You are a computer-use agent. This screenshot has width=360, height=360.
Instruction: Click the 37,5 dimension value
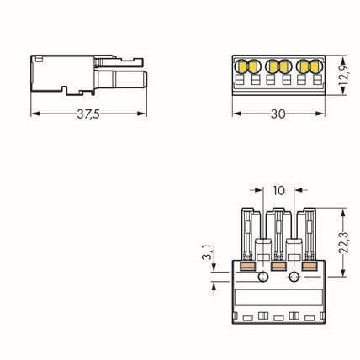pyautogui.click(x=88, y=114)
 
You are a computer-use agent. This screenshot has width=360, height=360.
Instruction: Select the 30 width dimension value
pyautogui.click(x=278, y=114)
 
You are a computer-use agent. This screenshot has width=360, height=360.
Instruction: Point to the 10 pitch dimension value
pyautogui.click(x=279, y=191)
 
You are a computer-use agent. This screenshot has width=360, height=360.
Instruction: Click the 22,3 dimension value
pyautogui.click(x=343, y=243)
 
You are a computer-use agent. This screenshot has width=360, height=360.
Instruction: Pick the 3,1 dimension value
pyautogui.click(x=207, y=253)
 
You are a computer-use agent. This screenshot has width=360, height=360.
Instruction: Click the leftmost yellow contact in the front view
pyautogui.click(x=241, y=66)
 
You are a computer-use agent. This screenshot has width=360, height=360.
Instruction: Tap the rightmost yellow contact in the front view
pyautogui.click(x=316, y=66)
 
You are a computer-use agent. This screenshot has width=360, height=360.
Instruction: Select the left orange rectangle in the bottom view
pyautogui.click(x=248, y=266)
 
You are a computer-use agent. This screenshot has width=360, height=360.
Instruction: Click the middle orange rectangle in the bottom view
pyautogui.click(x=278, y=266)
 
